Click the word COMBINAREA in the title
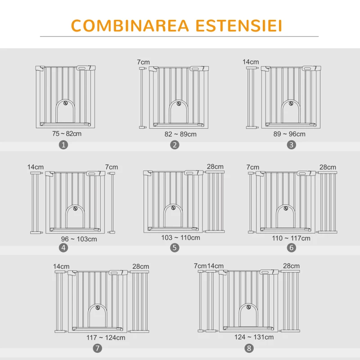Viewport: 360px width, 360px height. pos(130,26)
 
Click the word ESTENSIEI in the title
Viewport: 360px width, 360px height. pos(238,26)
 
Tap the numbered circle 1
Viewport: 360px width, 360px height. pos(63,145)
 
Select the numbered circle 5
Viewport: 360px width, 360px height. pos(175,247)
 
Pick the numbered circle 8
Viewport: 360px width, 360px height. pos(249,348)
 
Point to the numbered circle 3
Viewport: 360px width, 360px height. pos(291,145)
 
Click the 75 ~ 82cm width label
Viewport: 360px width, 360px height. pos(67,134)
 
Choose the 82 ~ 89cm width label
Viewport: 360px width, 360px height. pos(180,134)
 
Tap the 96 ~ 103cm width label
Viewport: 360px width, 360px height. pos(79,239)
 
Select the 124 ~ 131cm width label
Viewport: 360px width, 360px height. pos(254,337)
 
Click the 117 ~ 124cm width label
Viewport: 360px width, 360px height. pos(106,337)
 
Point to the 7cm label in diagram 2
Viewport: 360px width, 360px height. pos(143,62)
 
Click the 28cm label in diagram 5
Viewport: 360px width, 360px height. pos(215,166)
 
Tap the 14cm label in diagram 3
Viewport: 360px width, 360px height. pos(251,62)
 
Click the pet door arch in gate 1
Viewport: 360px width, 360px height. pos(65,101)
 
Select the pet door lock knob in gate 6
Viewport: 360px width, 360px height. pos(286,208)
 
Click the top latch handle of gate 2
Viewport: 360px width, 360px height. pos(195,69)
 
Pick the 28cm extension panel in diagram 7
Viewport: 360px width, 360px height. pos(139,301)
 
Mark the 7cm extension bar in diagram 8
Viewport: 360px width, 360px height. pos(201,301)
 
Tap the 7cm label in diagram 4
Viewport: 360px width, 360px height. pos(112,167)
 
